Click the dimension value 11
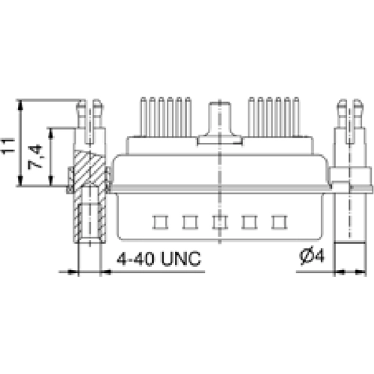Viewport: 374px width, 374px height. tap(9, 142)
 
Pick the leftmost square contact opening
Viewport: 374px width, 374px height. tap(159, 221)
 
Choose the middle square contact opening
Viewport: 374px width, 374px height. tap(219, 221)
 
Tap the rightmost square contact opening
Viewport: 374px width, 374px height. tap(280, 221)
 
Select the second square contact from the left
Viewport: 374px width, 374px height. tap(189, 221)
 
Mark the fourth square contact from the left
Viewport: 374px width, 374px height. tap(250, 221)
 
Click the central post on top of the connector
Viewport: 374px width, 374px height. tap(218, 120)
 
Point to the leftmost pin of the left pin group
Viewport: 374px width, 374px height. tap(141, 116)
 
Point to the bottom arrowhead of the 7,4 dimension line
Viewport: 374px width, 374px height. tap(51, 183)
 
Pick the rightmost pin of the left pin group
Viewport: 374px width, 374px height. tap(188, 116)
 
